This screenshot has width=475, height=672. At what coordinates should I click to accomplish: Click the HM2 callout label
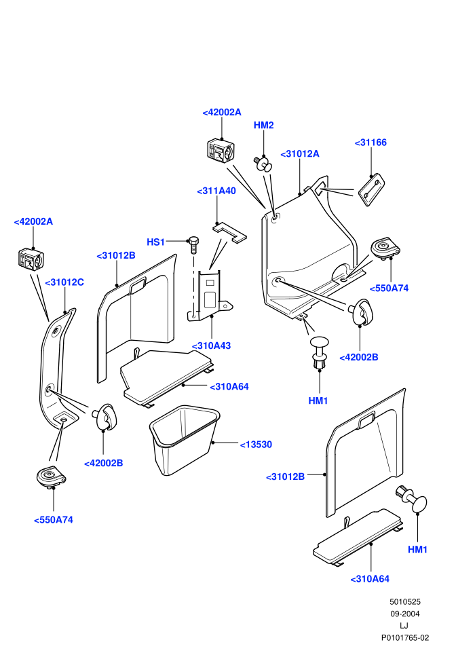point(263,125)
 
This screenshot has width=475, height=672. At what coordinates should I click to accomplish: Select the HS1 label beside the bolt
point(155,242)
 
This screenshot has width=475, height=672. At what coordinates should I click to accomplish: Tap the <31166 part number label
point(370,143)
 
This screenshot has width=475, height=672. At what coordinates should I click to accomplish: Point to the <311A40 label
point(216,191)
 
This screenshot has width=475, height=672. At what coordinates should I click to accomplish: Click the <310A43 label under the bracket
point(211,346)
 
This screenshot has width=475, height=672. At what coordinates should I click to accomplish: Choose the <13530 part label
point(256,445)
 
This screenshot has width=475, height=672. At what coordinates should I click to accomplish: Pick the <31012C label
point(64,282)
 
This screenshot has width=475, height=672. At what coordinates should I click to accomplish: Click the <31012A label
point(300,154)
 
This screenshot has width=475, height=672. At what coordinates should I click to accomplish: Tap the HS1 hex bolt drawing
point(193,245)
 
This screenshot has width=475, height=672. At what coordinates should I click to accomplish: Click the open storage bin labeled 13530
point(185,440)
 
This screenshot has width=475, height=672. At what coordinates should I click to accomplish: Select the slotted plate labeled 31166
point(371,190)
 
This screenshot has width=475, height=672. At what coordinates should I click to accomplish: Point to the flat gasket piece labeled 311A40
point(229,232)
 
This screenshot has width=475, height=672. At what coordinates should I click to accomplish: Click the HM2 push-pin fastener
point(264,164)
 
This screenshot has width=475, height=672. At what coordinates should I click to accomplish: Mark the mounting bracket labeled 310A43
point(210,295)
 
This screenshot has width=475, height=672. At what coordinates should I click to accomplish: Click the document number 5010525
point(405,601)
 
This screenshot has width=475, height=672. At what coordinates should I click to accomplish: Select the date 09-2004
point(405,614)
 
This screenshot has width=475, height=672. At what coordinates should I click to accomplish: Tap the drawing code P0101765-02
point(405,637)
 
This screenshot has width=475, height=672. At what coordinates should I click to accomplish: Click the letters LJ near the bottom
point(404,626)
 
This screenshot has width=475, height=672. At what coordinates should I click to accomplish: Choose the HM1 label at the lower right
point(417,550)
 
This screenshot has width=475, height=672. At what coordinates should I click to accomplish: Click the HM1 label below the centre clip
point(318,401)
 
